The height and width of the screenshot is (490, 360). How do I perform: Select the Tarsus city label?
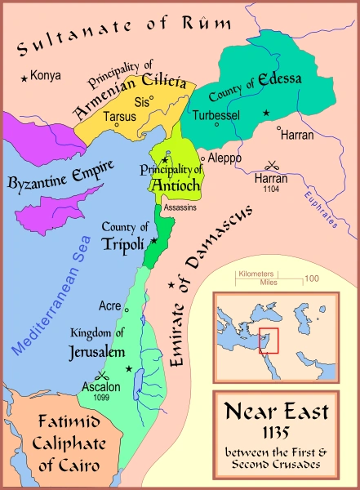point(119,115)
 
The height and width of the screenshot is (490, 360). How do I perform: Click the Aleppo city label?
point(224,157)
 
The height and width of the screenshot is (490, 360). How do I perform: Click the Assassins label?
point(179,208)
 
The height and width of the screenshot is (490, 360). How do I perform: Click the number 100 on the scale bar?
point(312,279)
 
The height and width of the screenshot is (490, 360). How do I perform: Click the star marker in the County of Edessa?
point(265,112)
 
